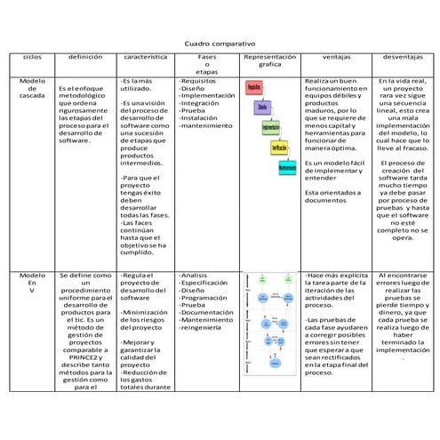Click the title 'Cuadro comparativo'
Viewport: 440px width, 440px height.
pyautogui.click(x=220, y=43)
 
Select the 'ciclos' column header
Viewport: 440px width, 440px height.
pyautogui.click(x=32, y=56)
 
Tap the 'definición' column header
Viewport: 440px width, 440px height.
pyautogui.click(x=85, y=56)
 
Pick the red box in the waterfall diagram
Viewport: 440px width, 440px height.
pyautogui.click(x=253, y=88)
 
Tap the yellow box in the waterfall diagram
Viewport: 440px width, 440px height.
pyautogui.click(x=279, y=147)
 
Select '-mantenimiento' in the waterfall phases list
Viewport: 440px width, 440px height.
pyautogui.click(x=206, y=126)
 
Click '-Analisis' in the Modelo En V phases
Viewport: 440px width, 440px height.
pyautogui.click(x=194, y=276)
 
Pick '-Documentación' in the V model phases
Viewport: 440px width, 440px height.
pyautogui.click(x=207, y=313)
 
